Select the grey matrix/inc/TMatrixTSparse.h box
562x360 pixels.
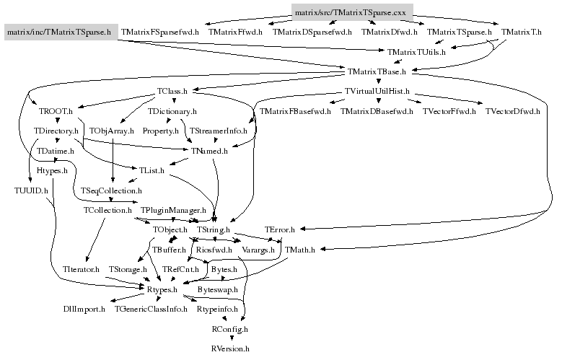pos(58,32)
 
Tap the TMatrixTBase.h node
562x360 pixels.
pos(377,71)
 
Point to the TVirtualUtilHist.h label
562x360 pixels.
pos(377,92)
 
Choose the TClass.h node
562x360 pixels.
pos(172,92)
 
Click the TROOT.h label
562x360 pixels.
pos(56,111)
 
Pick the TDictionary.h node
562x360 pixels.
pos(172,111)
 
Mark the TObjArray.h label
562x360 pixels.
pos(110,131)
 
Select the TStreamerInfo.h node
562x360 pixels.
pos(218,131)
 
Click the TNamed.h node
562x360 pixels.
pos(209,151)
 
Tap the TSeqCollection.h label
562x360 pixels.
pos(111,190)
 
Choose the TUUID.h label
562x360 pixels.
pos(31,190)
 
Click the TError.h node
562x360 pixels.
pos(281,229)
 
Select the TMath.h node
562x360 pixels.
pos(299,250)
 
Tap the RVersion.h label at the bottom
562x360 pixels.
pos(230,348)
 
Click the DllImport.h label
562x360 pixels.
pos(84,309)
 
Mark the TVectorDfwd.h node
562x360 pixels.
pos(511,111)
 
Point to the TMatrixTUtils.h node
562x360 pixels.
pos(416,52)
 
